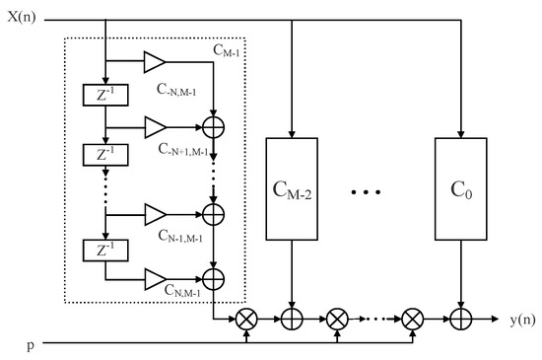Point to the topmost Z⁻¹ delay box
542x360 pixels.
tap(103, 96)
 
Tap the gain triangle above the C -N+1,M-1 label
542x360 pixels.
tap(156, 126)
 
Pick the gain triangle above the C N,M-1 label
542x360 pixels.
tap(156, 280)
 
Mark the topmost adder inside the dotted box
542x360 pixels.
tap(213, 126)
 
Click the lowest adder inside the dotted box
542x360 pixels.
tap(213, 280)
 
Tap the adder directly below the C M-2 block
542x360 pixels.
tap(292, 321)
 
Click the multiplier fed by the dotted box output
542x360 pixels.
tap(244, 321)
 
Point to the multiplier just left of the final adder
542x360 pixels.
tap(412, 321)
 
